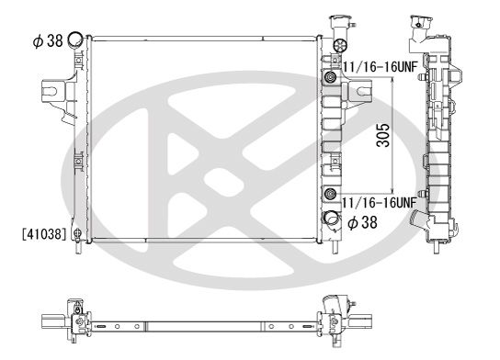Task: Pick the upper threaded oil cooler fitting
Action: coord(329,77)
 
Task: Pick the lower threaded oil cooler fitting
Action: coord(329,193)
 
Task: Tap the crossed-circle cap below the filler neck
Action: coord(337,46)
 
